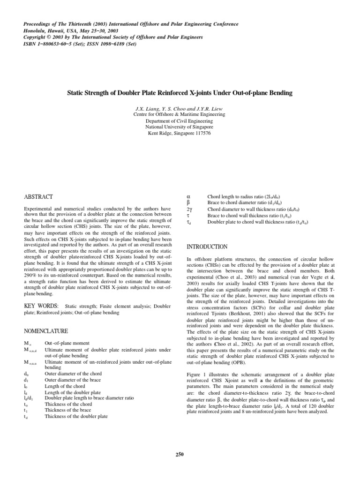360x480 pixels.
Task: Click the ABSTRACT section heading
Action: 38,197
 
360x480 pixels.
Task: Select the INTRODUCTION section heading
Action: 207,247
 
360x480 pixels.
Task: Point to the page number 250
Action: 180,454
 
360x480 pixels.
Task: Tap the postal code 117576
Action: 201,133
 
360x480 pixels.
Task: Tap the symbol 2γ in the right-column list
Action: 189,209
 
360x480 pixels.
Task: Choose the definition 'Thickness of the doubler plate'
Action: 76,416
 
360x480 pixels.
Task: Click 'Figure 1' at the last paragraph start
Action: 198,362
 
